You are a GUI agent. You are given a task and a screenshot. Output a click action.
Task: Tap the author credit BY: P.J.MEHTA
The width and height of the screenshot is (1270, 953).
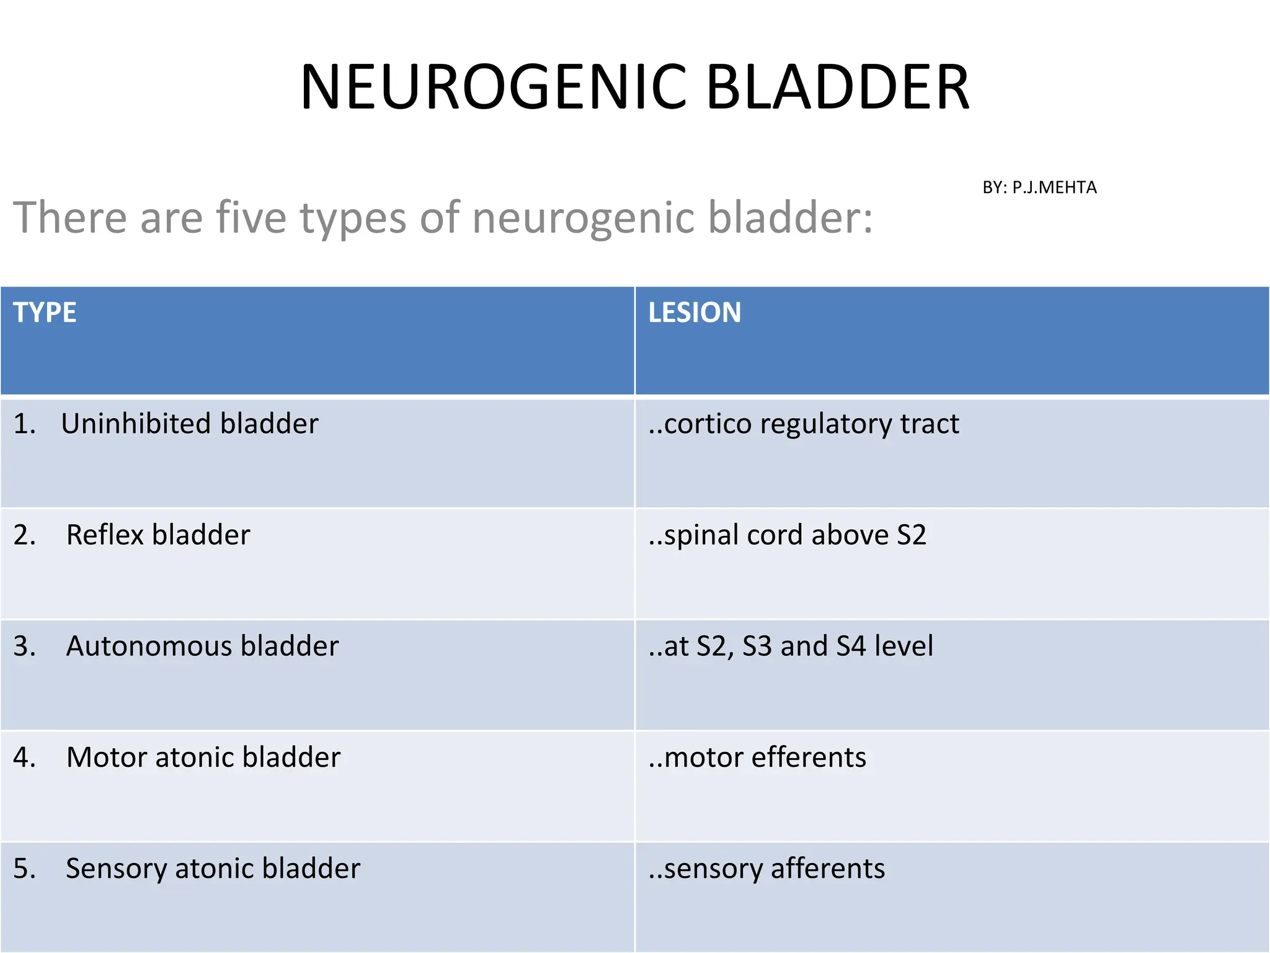1039,187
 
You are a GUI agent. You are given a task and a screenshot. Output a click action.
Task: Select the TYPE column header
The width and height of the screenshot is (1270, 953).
45,312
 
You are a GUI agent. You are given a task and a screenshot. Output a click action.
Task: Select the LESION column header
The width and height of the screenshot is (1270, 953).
695,312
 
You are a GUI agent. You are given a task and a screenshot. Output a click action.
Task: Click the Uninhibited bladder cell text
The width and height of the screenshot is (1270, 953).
189,424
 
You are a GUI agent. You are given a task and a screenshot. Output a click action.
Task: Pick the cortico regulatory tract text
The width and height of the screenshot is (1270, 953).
804,424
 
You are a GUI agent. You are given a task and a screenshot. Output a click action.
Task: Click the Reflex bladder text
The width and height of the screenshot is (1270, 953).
158,535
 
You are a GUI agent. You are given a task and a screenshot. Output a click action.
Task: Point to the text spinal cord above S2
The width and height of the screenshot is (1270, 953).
788,535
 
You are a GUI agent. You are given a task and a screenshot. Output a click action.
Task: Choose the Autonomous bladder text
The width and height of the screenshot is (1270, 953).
202,646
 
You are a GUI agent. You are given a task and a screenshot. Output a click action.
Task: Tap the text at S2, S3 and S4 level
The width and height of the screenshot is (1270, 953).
791,646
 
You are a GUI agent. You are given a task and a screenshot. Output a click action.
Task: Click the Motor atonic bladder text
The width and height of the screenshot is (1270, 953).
203,757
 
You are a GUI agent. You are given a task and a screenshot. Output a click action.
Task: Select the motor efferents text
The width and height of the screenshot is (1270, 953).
757,757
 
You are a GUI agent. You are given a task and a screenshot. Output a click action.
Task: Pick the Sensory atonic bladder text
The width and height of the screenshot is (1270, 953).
213,868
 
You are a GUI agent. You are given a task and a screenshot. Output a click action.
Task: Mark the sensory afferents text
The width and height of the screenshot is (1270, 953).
766,868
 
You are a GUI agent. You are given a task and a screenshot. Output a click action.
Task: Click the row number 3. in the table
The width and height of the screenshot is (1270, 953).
24,646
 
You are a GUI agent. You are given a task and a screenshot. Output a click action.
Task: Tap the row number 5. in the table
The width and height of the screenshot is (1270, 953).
24,868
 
